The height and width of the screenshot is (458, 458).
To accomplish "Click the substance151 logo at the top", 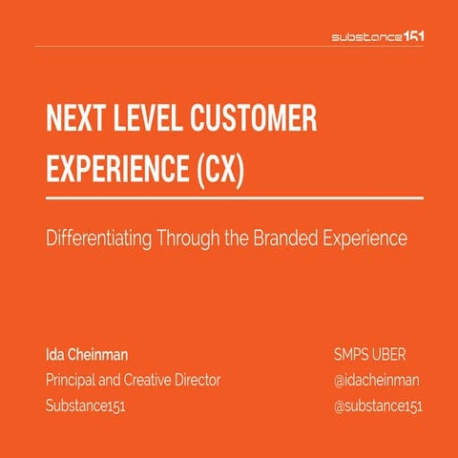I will coord(377,37).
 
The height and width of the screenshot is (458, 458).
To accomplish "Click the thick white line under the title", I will coord(234,197).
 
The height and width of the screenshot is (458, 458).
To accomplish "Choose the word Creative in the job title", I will coord(155,380).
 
